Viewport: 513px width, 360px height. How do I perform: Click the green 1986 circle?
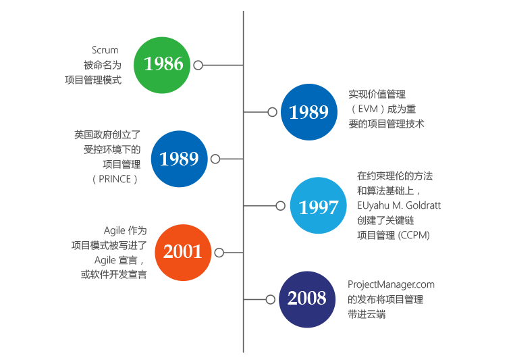click(163, 65)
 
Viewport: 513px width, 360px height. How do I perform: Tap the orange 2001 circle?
click(183, 252)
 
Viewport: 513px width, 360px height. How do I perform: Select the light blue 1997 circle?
click(318, 206)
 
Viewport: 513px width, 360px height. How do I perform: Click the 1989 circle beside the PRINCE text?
click(179, 159)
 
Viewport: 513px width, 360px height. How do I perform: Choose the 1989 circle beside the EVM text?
click(309, 112)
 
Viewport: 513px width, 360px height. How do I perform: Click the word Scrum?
click(105, 50)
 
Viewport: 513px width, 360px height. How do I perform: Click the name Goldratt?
click(422, 205)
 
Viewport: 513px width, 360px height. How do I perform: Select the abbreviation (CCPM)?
click(414, 235)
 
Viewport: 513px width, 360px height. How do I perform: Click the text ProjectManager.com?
click(391, 284)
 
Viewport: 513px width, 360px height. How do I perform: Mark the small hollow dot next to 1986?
click(198, 65)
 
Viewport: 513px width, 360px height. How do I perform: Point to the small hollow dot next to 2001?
click(218, 252)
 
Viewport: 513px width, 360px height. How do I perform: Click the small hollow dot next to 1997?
click(280, 205)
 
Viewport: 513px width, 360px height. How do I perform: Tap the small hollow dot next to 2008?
click(271, 299)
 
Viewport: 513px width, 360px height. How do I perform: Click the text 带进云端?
click(367, 314)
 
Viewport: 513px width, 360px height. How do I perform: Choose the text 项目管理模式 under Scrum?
click(98, 80)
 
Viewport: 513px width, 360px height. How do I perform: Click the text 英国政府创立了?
click(107, 134)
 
